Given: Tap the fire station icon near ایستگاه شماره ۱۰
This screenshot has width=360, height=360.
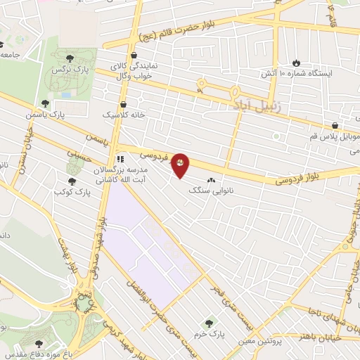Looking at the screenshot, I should tap(296, 62).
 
